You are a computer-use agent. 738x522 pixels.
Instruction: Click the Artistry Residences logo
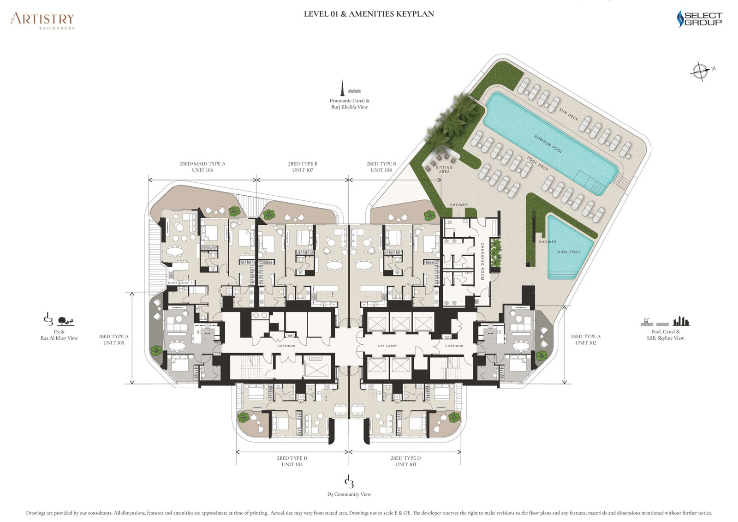(x=42, y=20)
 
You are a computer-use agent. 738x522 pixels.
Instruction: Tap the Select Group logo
(x=699, y=19)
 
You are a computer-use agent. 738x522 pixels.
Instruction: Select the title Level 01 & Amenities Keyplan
(x=369, y=14)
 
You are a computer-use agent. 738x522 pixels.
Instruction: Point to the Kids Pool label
(x=569, y=252)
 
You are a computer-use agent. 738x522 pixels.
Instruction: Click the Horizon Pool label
(x=548, y=144)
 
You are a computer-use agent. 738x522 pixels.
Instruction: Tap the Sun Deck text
(x=568, y=114)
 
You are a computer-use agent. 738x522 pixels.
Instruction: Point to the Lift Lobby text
(x=387, y=346)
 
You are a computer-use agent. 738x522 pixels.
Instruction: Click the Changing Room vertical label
(x=482, y=262)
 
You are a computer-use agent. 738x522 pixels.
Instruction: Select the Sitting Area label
(x=444, y=169)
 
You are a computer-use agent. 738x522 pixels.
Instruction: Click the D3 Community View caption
(x=349, y=494)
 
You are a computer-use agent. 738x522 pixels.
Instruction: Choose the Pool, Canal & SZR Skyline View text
(x=665, y=335)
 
